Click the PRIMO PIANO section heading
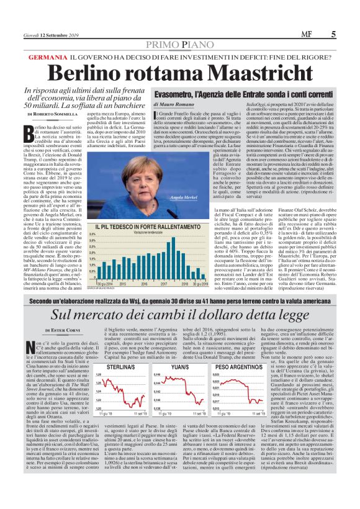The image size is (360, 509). [180, 44]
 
